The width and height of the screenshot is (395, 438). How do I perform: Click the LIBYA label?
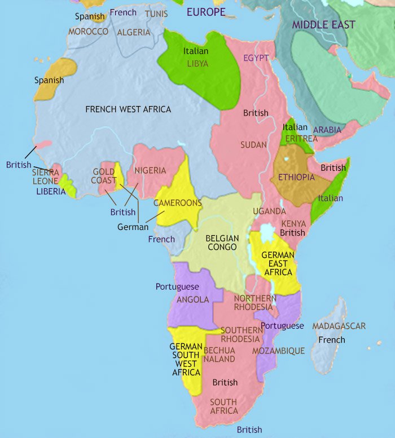pyautogui.click(x=197, y=64)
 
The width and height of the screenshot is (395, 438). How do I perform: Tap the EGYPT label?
pyautogui.click(x=256, y=58)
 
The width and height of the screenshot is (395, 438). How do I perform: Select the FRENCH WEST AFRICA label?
pyautogui.click(x=128, y=109)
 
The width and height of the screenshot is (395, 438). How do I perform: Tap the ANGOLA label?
pyautogui.click(x=193, y=299)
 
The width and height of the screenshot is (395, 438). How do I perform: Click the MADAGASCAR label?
pyautogui.click(x=339, y=326)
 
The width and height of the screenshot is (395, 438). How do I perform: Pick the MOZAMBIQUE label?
pyautogui.click(x=278, y=351)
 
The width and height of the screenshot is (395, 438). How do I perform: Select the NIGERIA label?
pyautogui.click(x=150, y=170)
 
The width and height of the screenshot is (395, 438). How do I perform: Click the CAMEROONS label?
pyautogui.click(x=177, y=203)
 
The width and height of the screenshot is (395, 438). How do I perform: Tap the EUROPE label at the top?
pyautogui.click(x=205, y=12)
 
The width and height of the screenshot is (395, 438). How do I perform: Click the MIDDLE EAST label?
pyautogui.click(x=323, y=25)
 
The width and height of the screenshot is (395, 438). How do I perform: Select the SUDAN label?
pyautogui.click(x=253, y=145)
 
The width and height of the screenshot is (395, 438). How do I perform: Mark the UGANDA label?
pyautogui.click(x=269, y=211)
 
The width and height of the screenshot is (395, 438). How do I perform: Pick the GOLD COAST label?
pyautogui.click(x=104, y=176)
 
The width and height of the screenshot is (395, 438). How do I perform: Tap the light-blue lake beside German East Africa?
pyautogui.click(x=265, y=232)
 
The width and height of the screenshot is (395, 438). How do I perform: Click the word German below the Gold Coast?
pyautogui.click(x=133, y=227)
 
